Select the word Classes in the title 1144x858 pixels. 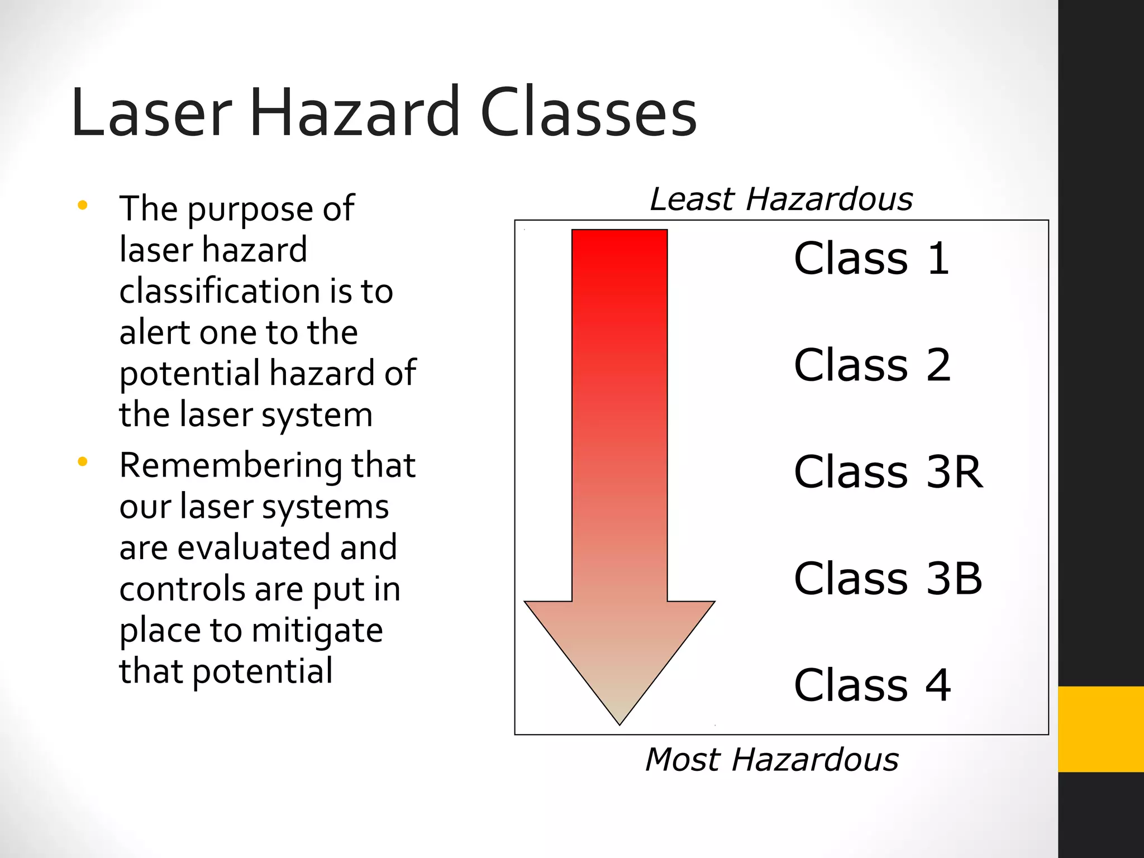pyautogui.click(x=588, y=113)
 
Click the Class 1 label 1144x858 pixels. pyautogui.click(x=871, y=258)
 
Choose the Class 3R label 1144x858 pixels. pyautogui.click(x=888, y=471)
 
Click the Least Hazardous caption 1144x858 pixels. pyautogui.click(x=781, y=199)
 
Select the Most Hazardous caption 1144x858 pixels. pyautogui.click(x=771, y=760)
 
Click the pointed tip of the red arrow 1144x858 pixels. pyautogui.click(x=619, y=723)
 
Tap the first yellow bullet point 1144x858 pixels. pyautogui.click(x=83, y=205)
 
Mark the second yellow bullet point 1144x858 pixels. pyautogui.click(x=83, y=461)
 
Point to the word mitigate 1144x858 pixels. pyautogui.click(x=317, y=631)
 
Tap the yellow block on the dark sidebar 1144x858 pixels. pyautogui.click(x=1100, y=729)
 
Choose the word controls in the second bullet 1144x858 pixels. pyautogui.click(x=183, y=589)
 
